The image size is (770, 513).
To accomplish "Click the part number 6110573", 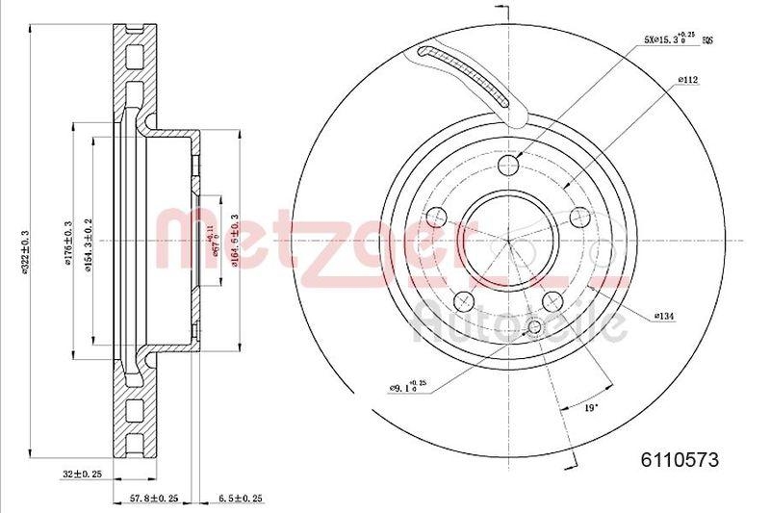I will (680, 459).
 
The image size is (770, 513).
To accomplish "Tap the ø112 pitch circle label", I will (687, 82).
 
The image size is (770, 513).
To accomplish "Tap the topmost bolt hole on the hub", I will (511, 169).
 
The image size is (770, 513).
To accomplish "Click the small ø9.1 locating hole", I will (535, 329).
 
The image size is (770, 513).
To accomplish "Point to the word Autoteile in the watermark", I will (520, 325).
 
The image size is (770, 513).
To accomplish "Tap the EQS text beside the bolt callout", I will (707, 41).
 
